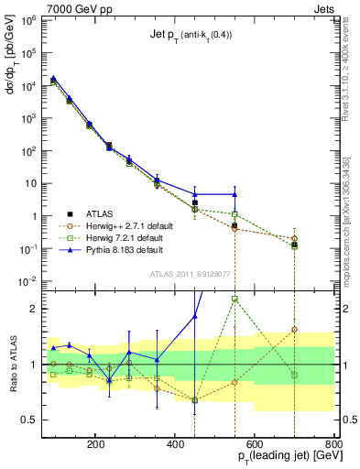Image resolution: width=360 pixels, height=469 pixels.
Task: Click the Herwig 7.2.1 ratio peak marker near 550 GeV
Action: [235, 299]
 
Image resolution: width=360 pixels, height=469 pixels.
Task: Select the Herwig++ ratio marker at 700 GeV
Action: [294, 329]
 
